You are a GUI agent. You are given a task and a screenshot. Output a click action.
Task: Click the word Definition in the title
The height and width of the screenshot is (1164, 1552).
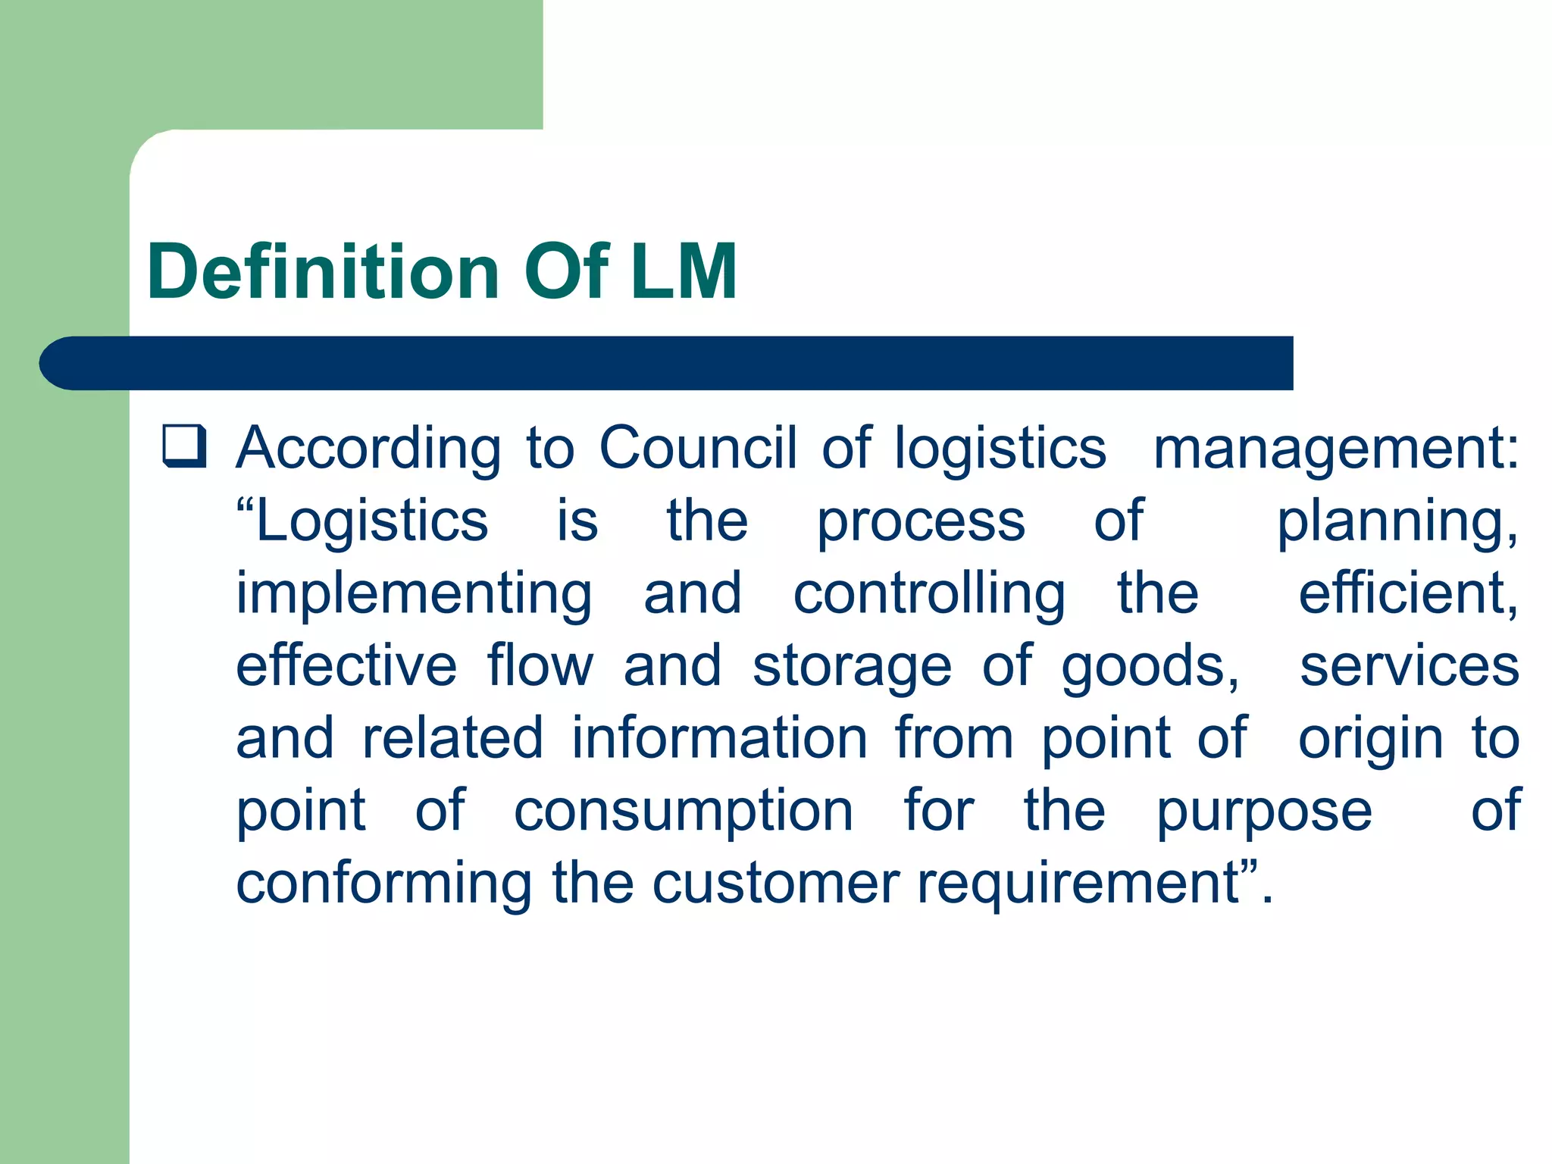pos(323,271)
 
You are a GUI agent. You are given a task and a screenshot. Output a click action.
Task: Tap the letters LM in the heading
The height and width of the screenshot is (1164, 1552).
pos(684,271)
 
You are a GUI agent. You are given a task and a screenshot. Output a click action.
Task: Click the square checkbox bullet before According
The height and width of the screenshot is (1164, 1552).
pos(184,446)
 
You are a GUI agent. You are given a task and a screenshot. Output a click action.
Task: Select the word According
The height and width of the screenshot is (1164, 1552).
pos(368,449)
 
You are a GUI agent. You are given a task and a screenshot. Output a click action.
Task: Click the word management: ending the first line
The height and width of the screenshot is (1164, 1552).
pos(1336,449)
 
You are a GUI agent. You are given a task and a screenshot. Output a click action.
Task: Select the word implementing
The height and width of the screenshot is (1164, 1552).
pos(415,596)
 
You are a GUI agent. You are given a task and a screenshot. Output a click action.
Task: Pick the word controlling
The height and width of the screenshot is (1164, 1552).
pos(929,596)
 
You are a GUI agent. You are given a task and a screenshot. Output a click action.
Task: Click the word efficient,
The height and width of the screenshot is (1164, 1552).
pos(1408,594)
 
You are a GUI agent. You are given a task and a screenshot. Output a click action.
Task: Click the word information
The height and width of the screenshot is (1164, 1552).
pos(719,738)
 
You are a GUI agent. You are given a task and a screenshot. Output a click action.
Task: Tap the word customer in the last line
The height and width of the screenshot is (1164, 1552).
pos(776,884)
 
